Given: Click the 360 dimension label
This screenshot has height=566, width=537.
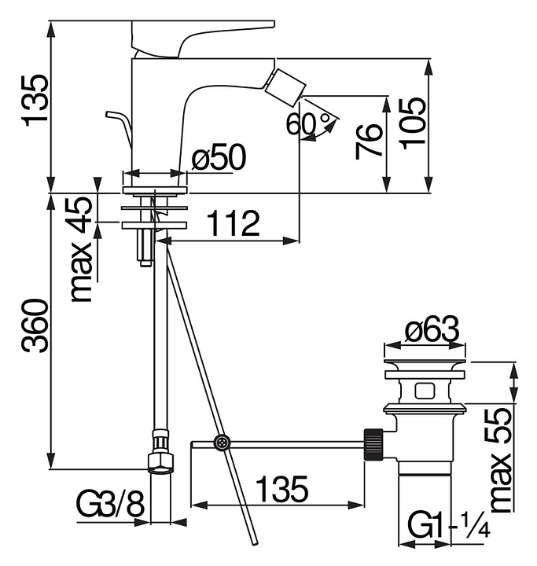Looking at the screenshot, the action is coord(35,325).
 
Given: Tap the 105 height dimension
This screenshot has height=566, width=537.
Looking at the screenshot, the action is coord(414,123).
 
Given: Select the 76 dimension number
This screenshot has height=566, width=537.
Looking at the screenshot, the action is coord(369,141).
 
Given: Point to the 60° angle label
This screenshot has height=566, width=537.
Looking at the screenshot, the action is coord(308,124).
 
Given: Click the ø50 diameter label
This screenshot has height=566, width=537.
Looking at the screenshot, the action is coord(219,156).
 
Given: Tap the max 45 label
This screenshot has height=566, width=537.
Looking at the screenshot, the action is coord(82,249).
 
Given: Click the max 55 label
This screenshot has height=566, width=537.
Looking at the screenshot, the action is coord(501,460).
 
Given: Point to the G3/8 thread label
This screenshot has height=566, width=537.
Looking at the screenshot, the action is coord(111,504).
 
